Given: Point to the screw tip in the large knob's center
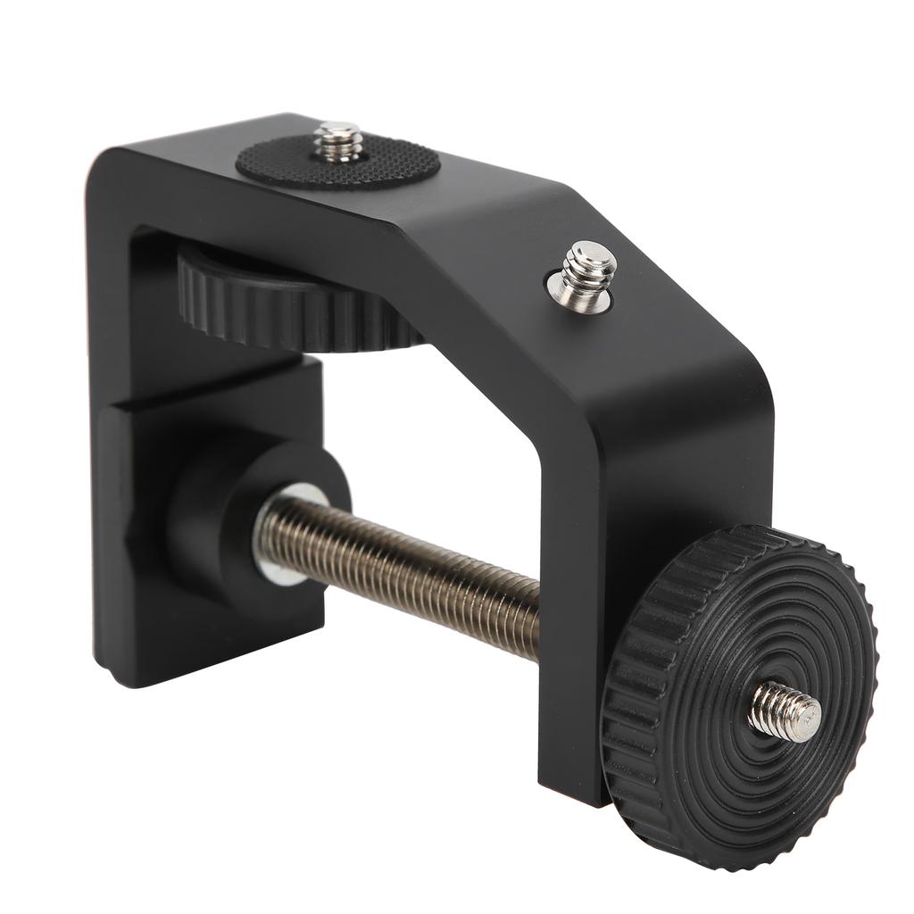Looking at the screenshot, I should (785, 710).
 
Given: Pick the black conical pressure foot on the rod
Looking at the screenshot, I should (223, 518).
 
